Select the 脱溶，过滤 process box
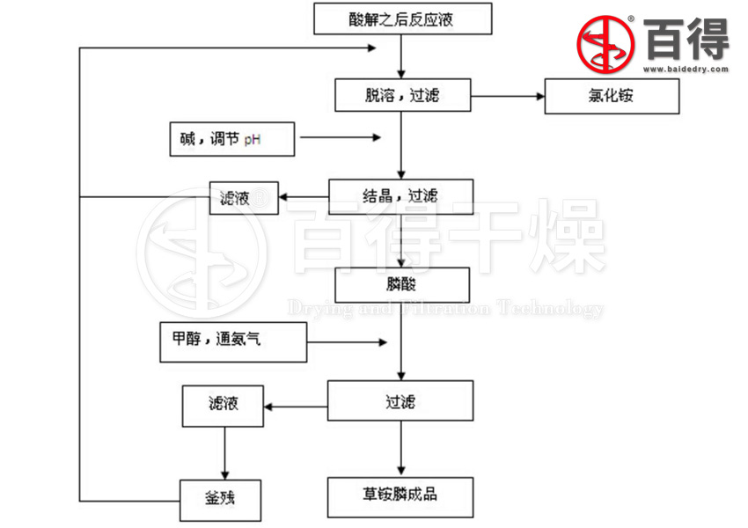click(402, 95)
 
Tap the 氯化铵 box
click(612, 96)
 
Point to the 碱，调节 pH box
click(231, 139)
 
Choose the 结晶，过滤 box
click(400, 196)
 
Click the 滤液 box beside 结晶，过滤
click(243, 197)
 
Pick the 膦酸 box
click(401, 284)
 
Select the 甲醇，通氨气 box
click(233, 341)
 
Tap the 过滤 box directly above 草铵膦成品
click(400, 401)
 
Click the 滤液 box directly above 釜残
click(223, 406)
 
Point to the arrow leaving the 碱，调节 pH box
click(339, 137)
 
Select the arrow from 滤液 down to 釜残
click(225, 452)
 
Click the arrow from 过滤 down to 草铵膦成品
click(401, 449)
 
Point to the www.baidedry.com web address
click(685, 68)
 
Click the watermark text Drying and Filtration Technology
click(445, 309)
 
